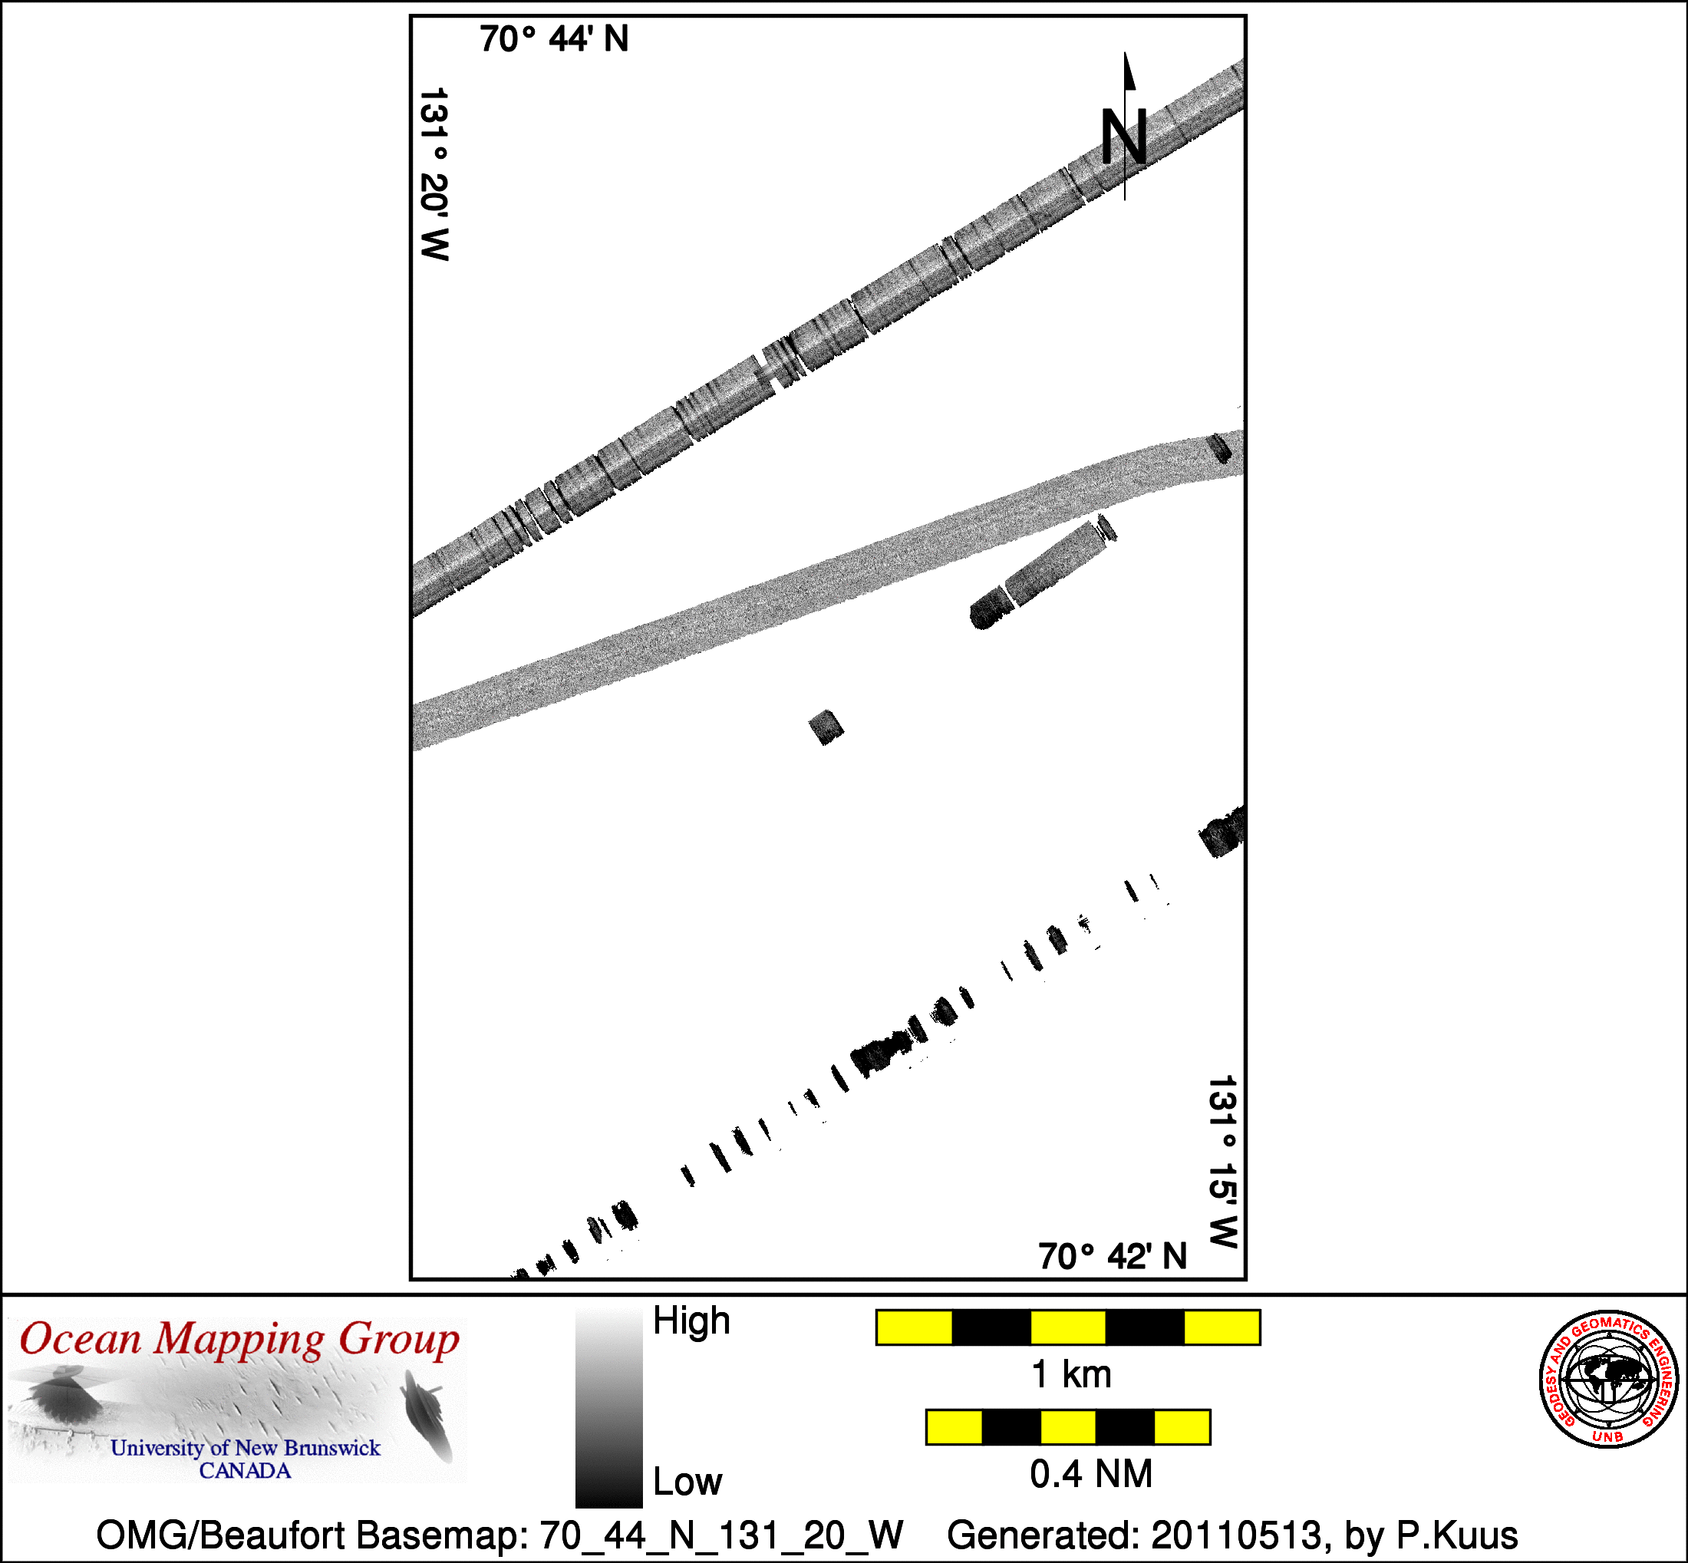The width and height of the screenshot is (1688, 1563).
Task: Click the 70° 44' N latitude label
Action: [554, 39]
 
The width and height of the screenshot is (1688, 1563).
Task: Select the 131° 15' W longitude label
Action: [1223, 1162]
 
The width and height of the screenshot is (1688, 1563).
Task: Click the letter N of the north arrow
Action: [1124, 137]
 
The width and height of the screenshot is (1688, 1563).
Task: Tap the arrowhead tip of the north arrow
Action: [1125, 52]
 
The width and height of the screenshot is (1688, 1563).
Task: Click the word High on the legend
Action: [692, 1321]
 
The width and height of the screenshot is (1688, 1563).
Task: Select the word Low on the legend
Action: [687, 1481]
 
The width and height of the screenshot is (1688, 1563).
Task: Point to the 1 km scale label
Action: [1071, 1374]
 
